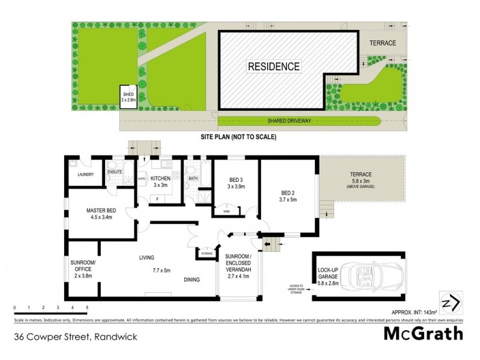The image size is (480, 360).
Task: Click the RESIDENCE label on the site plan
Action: pyautogui.click(x=274, y=66)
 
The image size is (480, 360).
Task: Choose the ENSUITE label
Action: pyautogui.click(x=115, y=172)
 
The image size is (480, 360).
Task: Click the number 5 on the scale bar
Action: pyautogui.click(x=87, y=307)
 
